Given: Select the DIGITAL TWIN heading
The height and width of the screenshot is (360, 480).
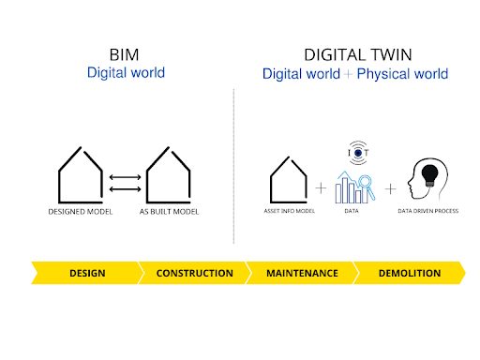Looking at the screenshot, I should coord(354,54).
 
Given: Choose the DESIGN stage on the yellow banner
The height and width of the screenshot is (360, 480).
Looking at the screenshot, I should coord(87,274).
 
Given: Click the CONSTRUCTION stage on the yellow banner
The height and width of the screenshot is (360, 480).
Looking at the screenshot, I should coord(194,274).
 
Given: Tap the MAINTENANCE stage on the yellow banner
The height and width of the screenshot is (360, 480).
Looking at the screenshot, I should coord(302,274).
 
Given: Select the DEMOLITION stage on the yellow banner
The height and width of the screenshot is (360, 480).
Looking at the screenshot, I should coord(409,274).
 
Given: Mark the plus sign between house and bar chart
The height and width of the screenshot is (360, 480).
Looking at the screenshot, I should coord(321,188).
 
